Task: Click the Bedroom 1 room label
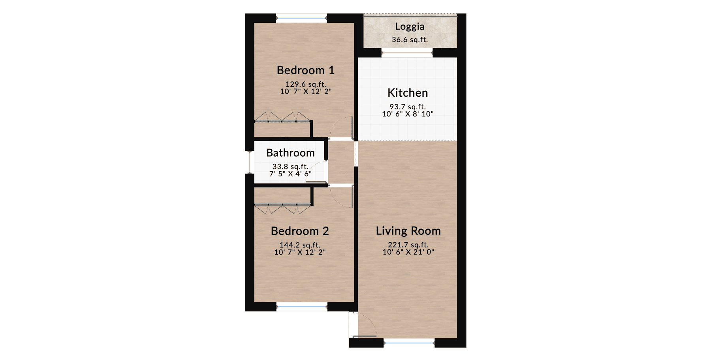coord(305,70)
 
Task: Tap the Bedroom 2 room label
coord(300,231)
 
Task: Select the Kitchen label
coord(408,93)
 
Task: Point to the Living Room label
coord(408,231)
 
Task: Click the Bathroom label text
coord(290,153)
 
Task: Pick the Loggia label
coord(410,26)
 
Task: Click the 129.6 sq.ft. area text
coord(306,84)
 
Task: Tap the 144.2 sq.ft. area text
coord(300,245)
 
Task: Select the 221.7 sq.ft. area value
coord(408,245)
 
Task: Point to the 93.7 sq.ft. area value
coord(408,107)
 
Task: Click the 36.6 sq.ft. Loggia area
coord(410,39)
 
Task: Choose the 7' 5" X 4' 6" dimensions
coord(290,174)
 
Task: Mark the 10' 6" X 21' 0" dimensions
coord(408,252)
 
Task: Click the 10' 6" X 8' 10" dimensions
coord(408,114)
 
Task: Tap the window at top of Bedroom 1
coord(301,18)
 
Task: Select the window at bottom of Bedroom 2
coord(302,306)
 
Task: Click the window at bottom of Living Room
coord(409,343)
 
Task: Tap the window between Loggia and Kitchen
coord(407,52)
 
